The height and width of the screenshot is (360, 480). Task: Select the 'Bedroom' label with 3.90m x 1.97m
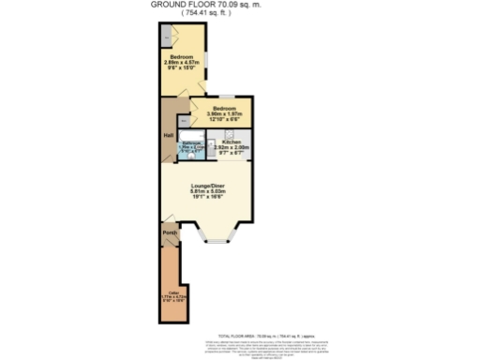(x=223, y=109)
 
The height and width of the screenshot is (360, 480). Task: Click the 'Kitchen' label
(x=231, y=142)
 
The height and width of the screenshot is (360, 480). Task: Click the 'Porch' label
(x=170, y=232)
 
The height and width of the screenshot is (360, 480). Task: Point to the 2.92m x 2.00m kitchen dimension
(x=231, y=147)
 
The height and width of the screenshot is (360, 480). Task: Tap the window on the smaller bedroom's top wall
(x=228, y=96)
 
